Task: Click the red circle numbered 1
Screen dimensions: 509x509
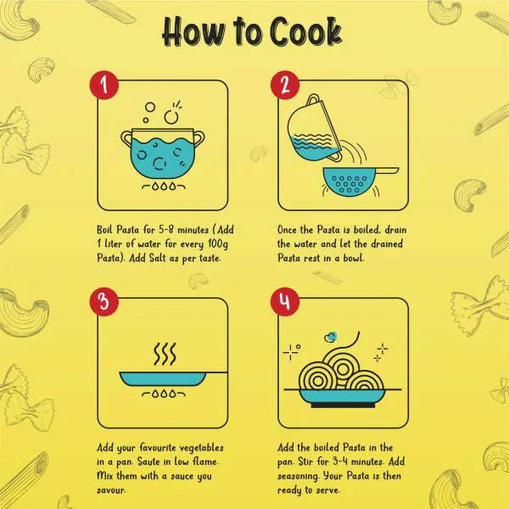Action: (x=104, y=85)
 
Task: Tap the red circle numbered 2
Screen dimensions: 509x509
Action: (x=285, y=85)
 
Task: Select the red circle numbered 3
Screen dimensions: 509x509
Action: (x=104, y=301)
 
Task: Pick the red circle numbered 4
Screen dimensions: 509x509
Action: (x=285, y=301)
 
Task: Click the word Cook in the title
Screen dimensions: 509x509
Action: (x=305, y=31)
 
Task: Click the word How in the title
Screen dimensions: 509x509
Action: (x=194, y=31)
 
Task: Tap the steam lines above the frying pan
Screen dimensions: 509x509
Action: (x=165, y=354)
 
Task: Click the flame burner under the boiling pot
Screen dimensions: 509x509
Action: (x=164, y=187)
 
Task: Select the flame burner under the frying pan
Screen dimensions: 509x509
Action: (x=164, y=394)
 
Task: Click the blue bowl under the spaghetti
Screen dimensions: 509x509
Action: (x=343, y=398)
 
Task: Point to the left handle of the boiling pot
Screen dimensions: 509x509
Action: (x=126, y=138)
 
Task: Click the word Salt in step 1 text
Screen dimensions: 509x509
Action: (x=158, y=259)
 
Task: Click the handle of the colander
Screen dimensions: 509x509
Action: (x=385, y=171)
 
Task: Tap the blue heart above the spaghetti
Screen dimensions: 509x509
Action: (x=331, y=338)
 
